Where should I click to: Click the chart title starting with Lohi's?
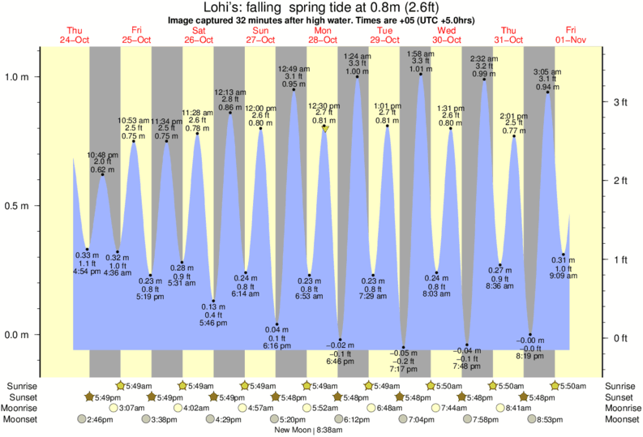coord(321,6)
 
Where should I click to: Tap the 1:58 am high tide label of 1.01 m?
coord(421,61)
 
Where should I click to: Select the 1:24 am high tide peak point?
coord(358,77)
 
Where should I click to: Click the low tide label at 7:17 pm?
coord(403,361)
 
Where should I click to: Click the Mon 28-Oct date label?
coord(322,35)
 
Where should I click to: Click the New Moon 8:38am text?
coord(321,431)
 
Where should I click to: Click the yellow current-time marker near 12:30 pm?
coord(326,128)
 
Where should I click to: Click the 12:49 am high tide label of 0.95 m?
coord(294,76)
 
